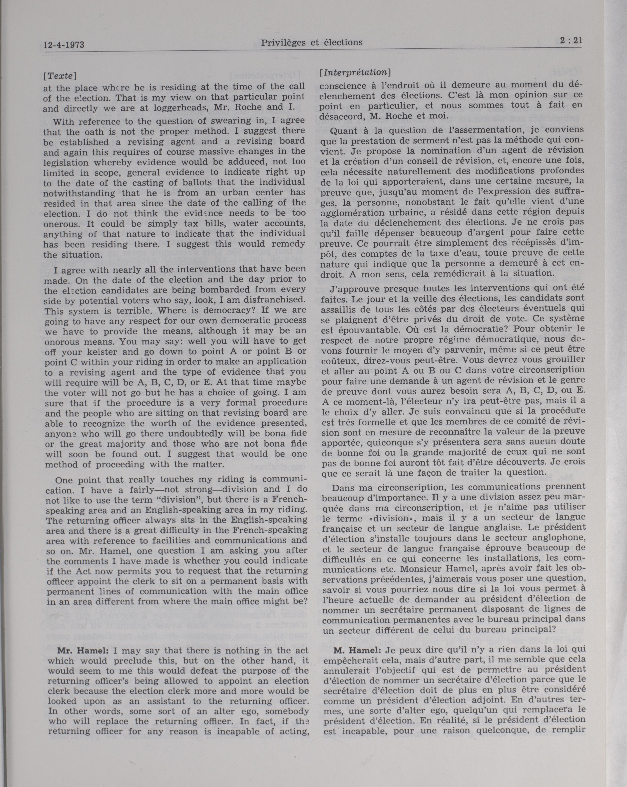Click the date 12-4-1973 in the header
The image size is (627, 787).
(64, 45)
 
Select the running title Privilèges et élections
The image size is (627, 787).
(312, 43)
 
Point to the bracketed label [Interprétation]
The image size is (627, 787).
(355, 72)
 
